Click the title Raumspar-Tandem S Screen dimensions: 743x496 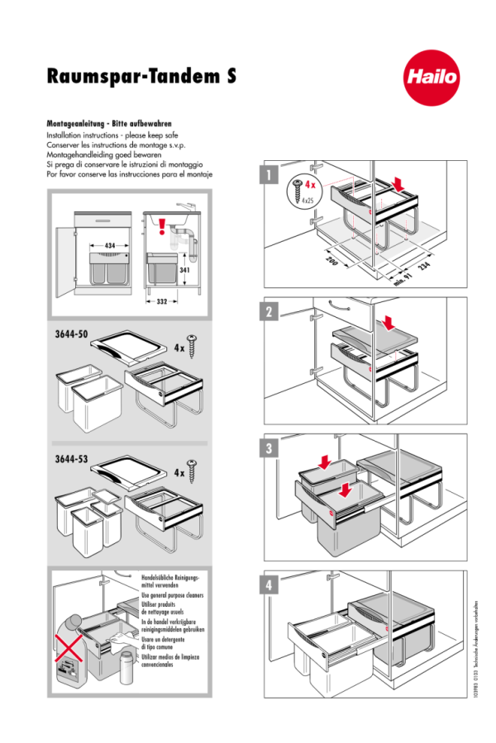click(141, 77)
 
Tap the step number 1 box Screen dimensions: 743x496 click(268, 175)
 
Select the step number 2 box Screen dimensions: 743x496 click(268, 311)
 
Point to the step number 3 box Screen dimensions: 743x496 click(268, 449)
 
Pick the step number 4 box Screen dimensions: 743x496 click(268, 585)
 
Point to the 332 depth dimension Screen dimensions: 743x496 click(162, 301)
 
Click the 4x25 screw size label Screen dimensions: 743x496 click(307, 201)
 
